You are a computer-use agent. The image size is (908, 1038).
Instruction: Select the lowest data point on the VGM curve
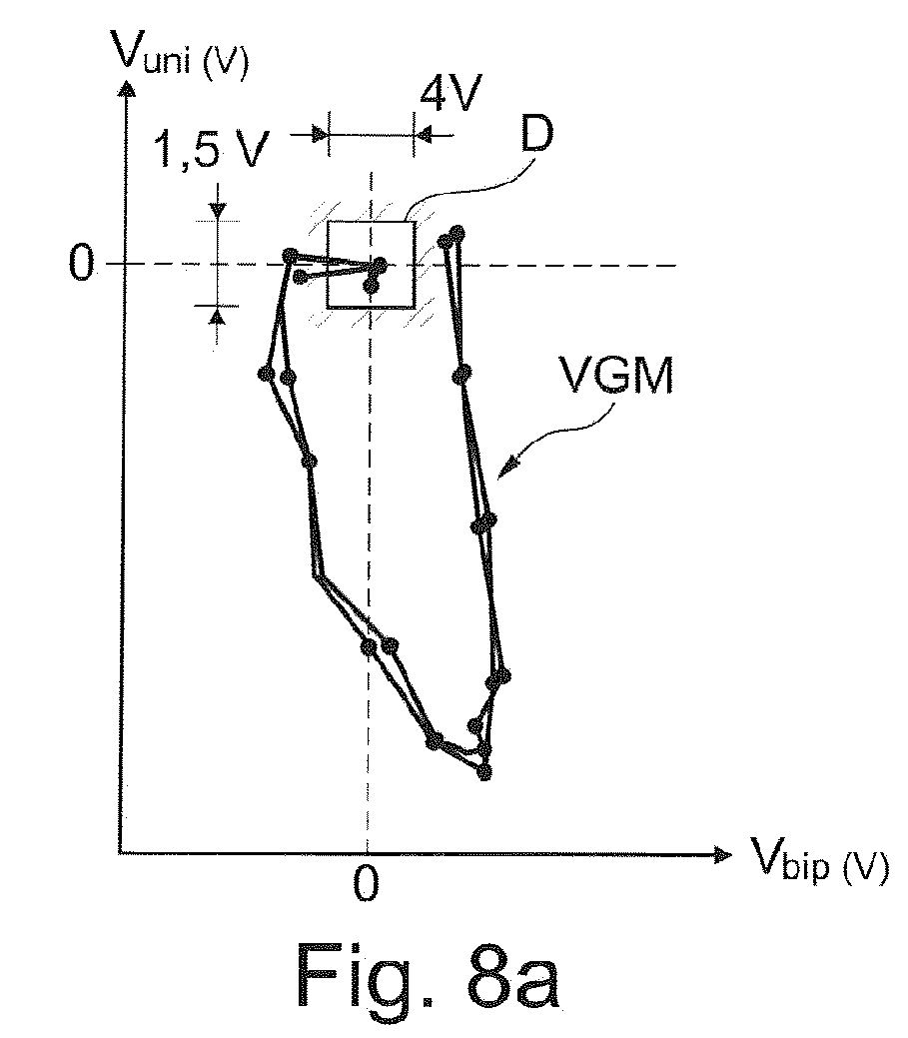485,771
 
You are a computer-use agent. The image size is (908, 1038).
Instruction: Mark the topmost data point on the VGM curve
457,233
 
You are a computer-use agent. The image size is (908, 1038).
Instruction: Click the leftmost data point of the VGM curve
266,374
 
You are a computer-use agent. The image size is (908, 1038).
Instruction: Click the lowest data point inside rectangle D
372,287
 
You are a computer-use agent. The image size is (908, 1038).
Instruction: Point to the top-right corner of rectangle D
414,222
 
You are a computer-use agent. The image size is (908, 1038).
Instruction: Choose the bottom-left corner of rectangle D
329,308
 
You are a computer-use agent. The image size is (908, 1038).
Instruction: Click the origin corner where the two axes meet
120,853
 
